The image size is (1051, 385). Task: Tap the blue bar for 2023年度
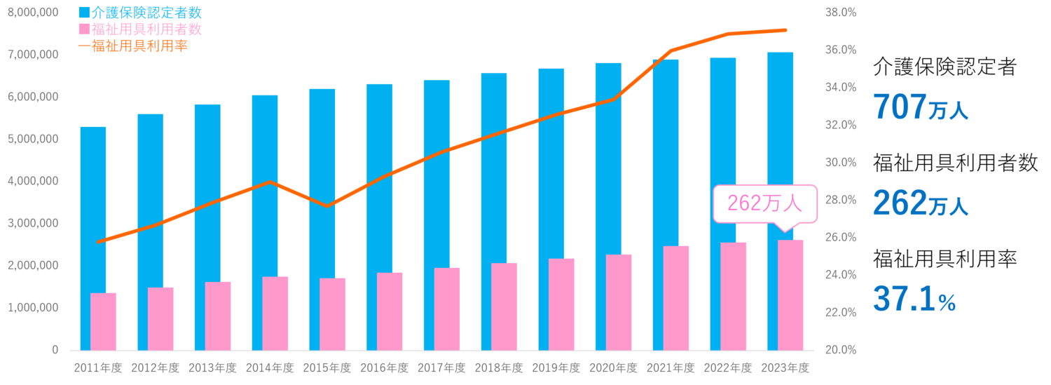tap(781, 140)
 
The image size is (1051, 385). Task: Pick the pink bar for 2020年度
tap(619, 302)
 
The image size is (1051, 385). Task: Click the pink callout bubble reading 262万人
tap(764, 203)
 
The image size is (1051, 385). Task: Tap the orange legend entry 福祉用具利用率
tap(132, 46)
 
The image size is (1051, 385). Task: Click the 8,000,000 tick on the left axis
tap(33, 13)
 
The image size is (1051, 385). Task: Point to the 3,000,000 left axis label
tap(33, 223)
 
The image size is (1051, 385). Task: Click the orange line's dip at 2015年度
tap(328, 205)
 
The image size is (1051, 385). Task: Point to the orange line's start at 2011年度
tap(99, 242)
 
